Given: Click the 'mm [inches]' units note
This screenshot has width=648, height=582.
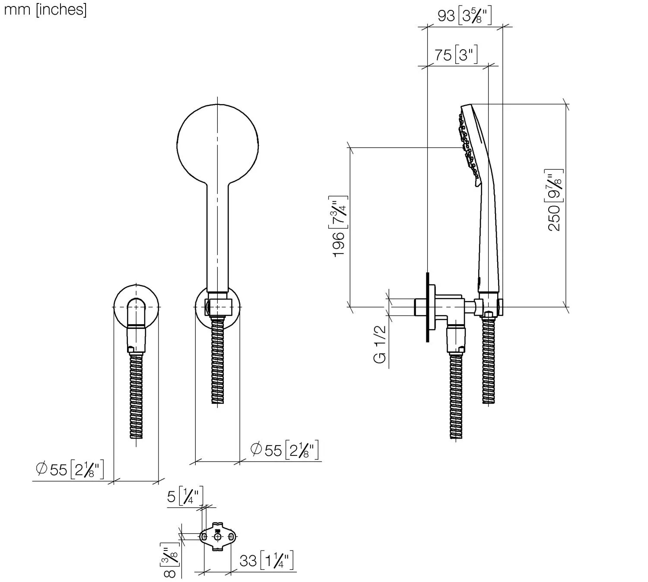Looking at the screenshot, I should (45, 9).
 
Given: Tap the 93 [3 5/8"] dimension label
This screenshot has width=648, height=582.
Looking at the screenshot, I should (464, 16).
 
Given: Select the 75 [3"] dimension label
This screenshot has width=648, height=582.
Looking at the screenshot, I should (455, 55).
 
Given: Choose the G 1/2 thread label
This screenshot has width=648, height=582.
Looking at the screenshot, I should (380, 345).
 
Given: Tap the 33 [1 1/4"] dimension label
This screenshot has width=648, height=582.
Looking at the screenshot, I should (266, 561).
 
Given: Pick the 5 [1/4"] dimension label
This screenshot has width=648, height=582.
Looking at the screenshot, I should (184, 497).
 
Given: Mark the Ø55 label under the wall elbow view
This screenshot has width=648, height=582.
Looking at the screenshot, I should (69, 469).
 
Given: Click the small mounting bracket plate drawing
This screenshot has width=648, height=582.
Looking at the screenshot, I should (218, 536).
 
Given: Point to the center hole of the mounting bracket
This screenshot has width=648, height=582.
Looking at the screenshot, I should (218, 536).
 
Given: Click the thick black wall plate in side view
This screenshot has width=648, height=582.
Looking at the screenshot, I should (427, 307).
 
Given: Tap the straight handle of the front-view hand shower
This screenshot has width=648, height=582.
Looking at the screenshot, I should (218, 237).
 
